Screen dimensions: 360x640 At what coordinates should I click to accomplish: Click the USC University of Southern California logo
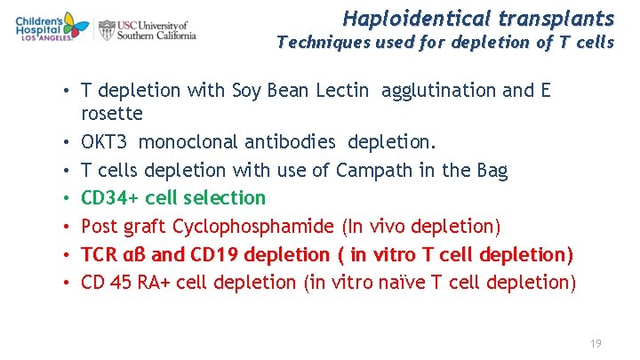[x=148, y=30]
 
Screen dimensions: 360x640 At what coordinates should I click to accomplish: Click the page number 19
[x=596, y=341]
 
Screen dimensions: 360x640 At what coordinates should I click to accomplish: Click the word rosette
[x=111, y=114]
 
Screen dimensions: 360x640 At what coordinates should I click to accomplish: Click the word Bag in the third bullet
[x=490, y=170]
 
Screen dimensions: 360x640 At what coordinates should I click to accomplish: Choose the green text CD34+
[x=108, y=198]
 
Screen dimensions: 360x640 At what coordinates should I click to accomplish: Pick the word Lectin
[x=348, y=90]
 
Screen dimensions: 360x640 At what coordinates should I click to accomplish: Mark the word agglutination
[x=448, y=90]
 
